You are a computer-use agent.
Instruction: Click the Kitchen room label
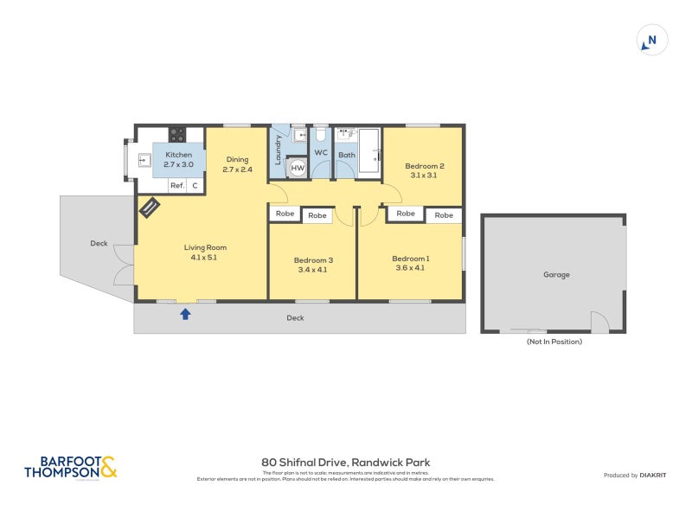(x=178, y=155)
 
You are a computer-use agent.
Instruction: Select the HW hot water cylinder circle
(x=298, y=168)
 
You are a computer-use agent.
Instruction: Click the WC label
(x=321, y=153)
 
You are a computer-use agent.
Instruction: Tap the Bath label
(x=347, y=155)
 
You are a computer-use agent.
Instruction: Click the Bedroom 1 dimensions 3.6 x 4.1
(x=410, y=268)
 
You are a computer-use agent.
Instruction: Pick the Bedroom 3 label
(x=312, y=259)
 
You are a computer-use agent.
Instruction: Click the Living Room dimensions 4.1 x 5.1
(x=204, y=257)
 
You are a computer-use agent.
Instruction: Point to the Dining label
(x=237, y=159)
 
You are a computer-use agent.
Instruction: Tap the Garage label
(x=556, y=275)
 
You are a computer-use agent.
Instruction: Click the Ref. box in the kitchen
(x=176, y=186)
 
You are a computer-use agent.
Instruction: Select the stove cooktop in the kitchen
(x=176, y=134)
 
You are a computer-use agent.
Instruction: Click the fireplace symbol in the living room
(x=150, y=208)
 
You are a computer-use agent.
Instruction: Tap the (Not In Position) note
(x=554, y=342)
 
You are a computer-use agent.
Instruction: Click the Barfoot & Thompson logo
(x=69, y=468)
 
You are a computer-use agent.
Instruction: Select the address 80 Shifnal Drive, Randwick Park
(x=345, y=463)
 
